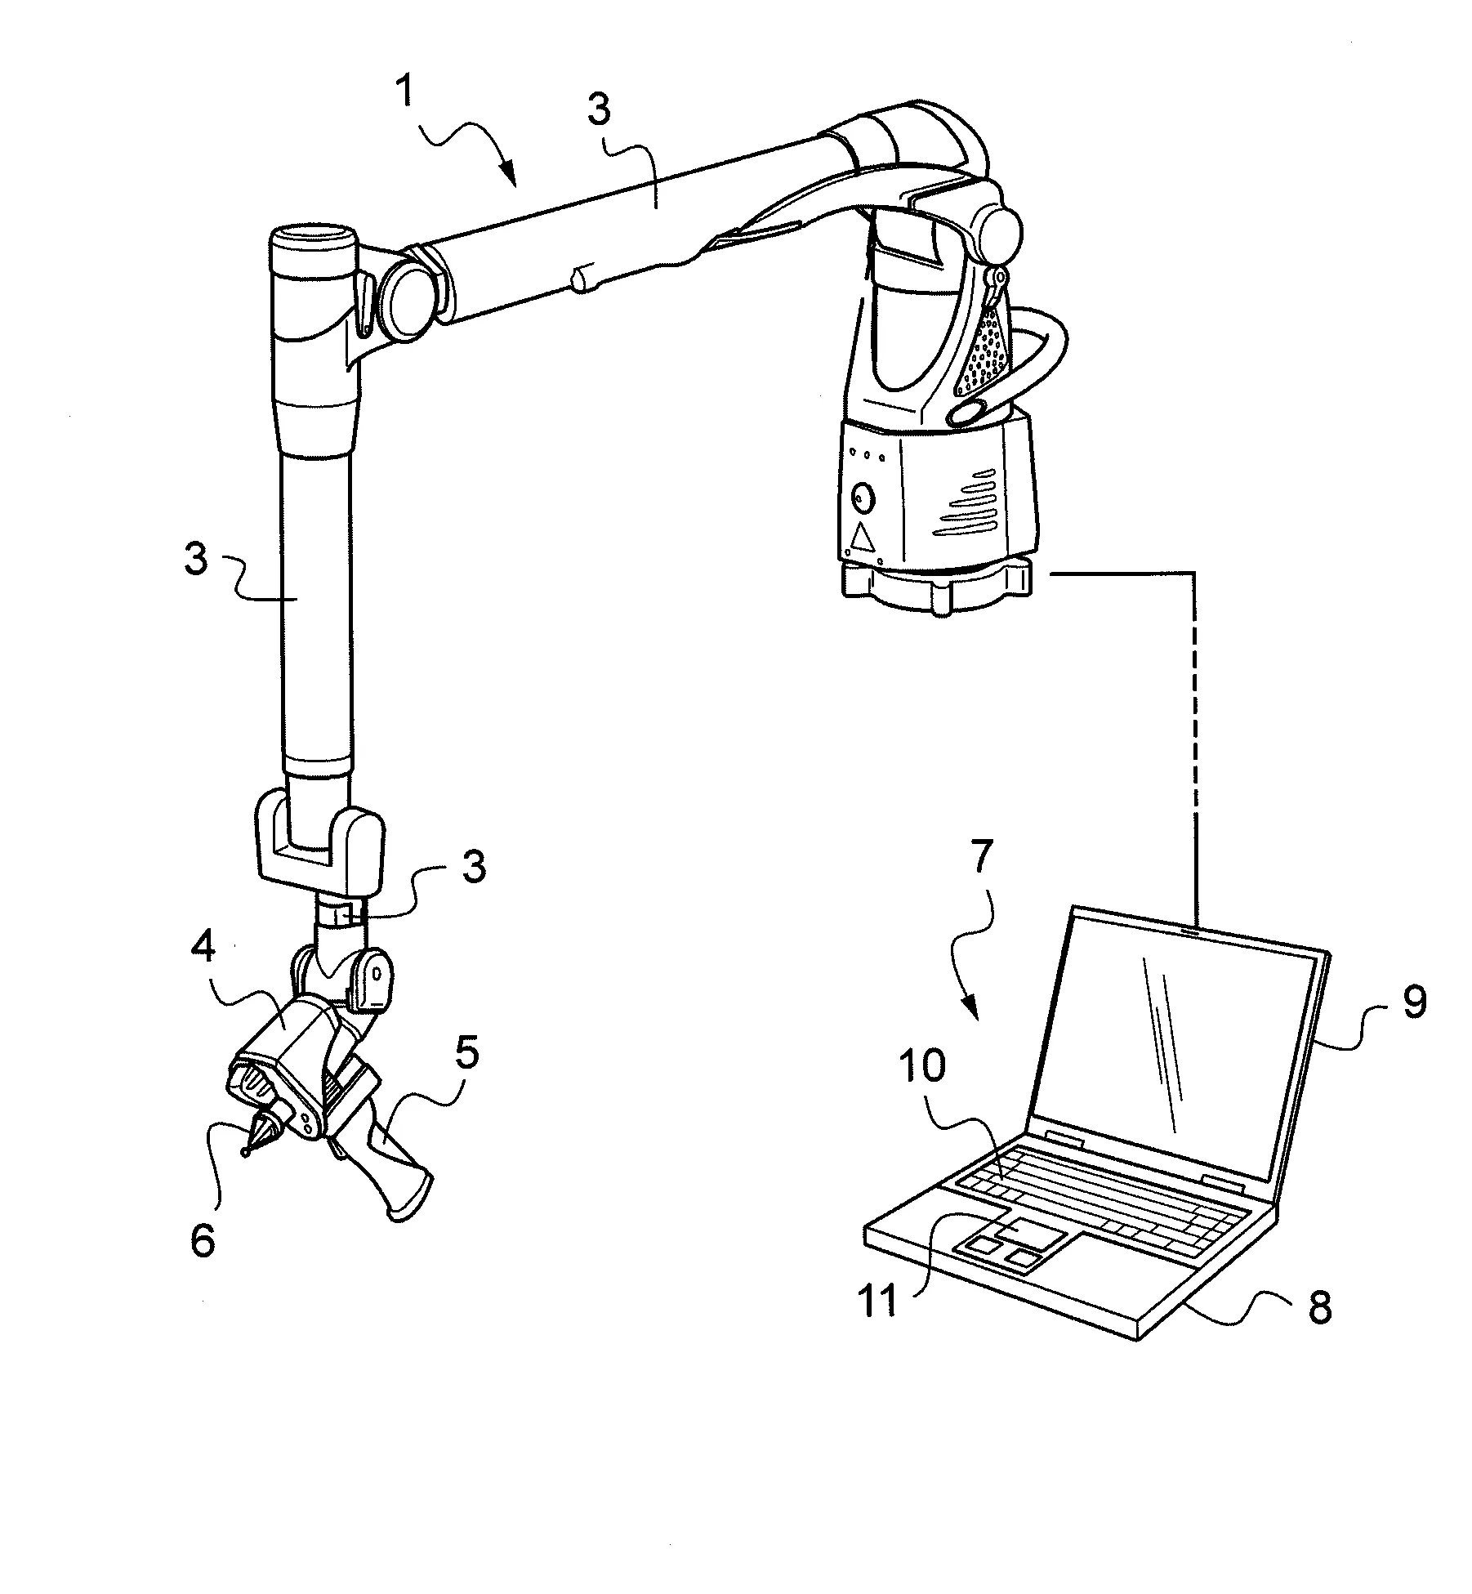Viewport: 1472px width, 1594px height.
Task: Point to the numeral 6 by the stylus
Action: click(x=202, y=1241)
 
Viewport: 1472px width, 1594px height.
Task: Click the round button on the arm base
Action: click(x=862, y=497)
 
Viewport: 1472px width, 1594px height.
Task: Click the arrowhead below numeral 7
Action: click(x=971, y=1011)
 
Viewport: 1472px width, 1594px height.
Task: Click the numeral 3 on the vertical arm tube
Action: click(x=196, y=563)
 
